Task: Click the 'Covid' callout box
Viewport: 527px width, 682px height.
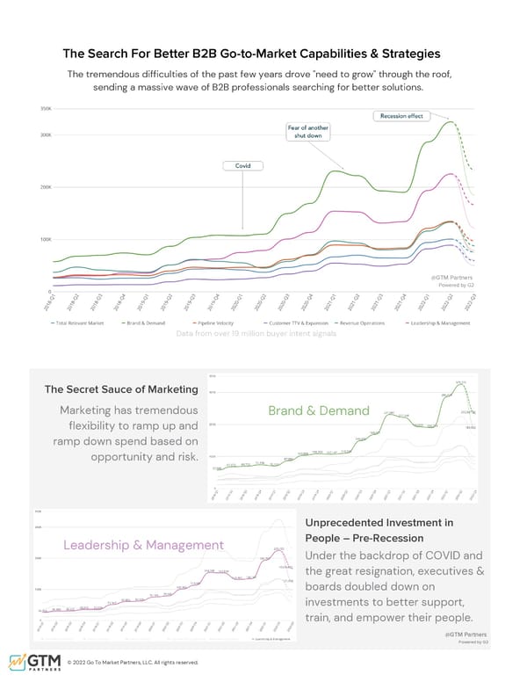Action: pyautogui.click(x=243, y=165)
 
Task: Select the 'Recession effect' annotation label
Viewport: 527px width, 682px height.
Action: pyautogui.click(x=402, y=116)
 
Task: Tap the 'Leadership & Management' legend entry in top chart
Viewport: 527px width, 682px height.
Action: pyautogui.click(x=442, y=323)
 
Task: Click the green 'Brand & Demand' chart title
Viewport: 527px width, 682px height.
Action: pyautogui.click(x=320, y=411)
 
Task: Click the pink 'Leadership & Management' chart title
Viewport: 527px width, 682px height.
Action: pyautogui.click(x=144, y=547)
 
